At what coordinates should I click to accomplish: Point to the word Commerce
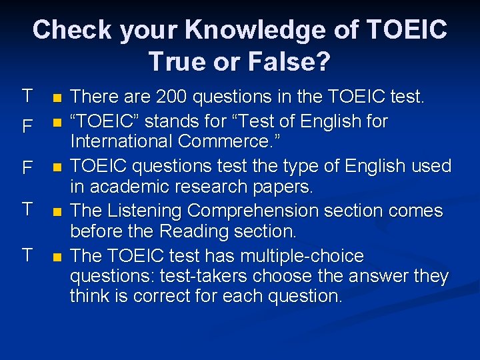[x=226, y=142]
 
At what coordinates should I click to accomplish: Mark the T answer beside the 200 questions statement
[x=27, y=96]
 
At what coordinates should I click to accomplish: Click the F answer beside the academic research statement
[x=27, y=168]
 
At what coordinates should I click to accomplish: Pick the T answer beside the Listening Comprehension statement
[x=27, y=209]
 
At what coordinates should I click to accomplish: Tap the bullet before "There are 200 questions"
[x=57, y=99]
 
